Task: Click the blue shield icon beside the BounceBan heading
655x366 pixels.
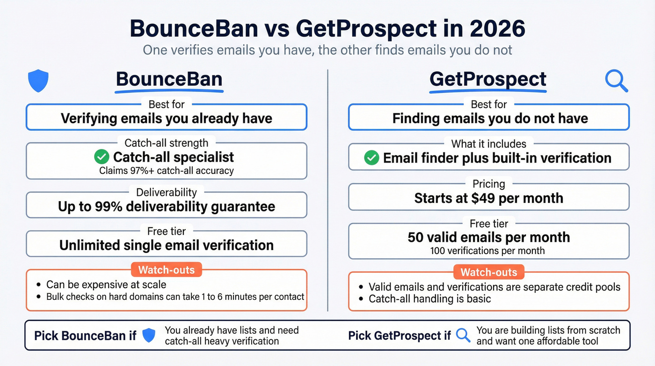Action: coord(38,81)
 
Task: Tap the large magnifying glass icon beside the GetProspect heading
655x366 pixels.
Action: coord(616,81)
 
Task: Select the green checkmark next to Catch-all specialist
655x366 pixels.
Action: coord(102,157)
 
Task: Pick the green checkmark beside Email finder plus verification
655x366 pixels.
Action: coord(371,158)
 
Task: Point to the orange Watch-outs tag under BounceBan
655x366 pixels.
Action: coord(166,269)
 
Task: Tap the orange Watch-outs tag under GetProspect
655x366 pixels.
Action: coord(489,272)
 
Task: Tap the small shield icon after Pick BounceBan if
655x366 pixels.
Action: coord(149,336)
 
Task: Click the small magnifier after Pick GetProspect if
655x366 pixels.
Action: coord(463,336)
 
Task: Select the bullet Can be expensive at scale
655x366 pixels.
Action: coord(106,284)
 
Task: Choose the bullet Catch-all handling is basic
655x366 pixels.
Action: coord(429,299)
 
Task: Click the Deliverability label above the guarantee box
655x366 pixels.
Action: coord(166,192)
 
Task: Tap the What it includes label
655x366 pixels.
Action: coord(489,144)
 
